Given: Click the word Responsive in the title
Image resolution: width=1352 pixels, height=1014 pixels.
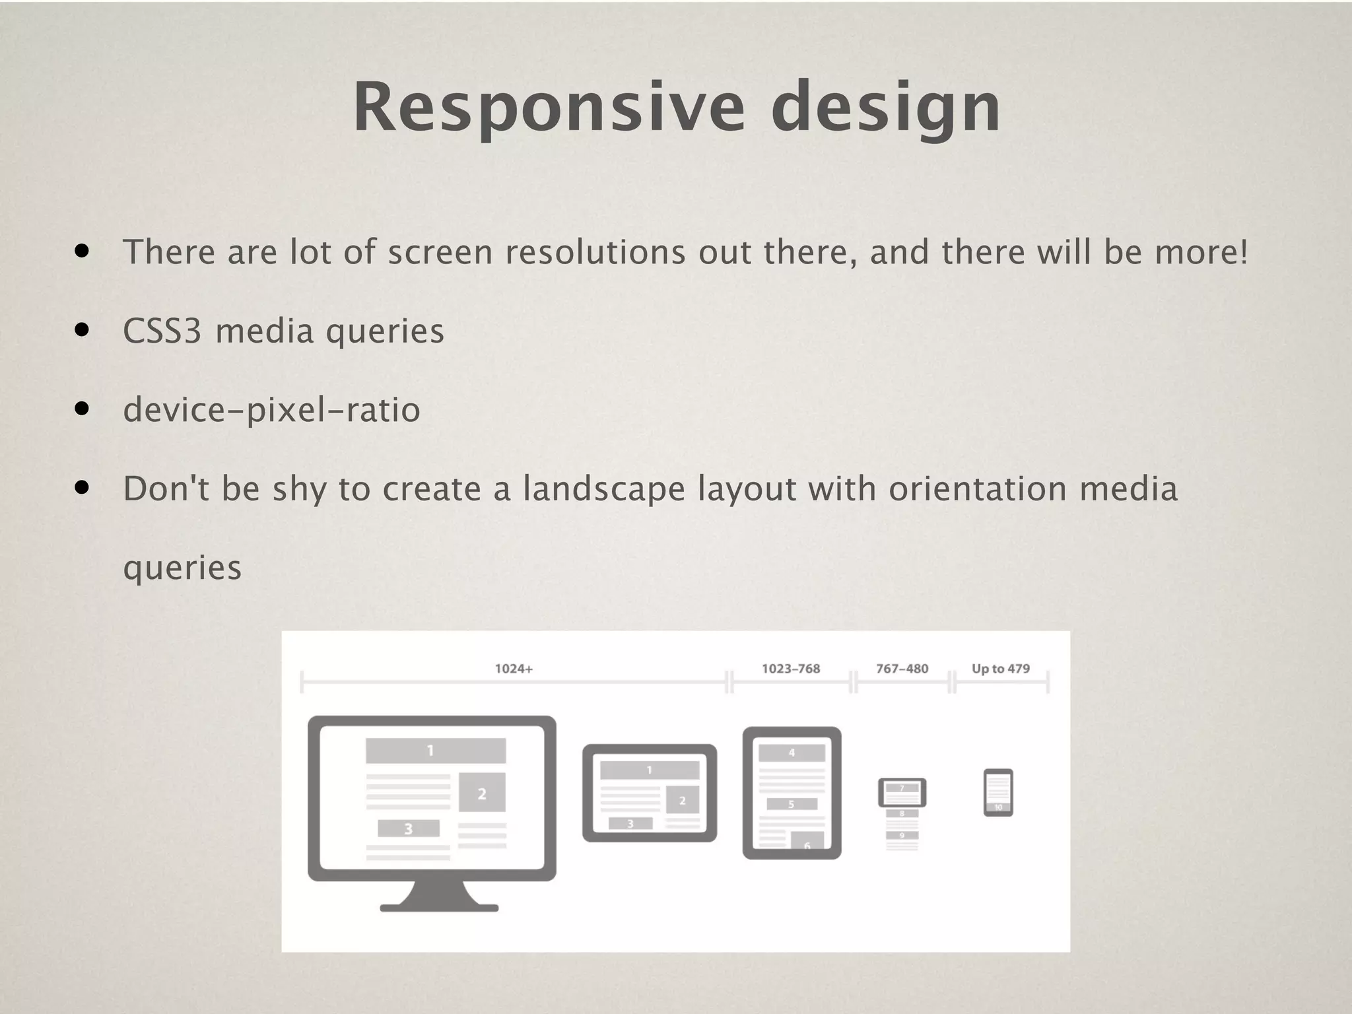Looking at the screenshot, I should [x=549, y=107].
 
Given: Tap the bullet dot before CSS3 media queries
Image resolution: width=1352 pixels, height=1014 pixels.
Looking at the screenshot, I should [x=82, y=330].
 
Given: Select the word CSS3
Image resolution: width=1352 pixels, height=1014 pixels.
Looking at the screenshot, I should [x=162, y=331].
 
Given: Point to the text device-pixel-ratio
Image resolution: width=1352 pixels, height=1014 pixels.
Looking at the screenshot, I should [x=271, y=410].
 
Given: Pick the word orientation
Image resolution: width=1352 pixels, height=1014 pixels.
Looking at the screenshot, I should [x=978, y=489].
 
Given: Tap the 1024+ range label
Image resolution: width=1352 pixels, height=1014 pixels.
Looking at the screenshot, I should [x=514, y=669].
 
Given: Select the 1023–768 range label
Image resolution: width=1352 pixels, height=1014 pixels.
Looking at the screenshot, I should [x=791, y=669].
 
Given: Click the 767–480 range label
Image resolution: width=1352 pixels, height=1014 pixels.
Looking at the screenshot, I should [x=902, y=669].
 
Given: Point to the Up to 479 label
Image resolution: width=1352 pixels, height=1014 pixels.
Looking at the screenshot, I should [x=1000, y=669].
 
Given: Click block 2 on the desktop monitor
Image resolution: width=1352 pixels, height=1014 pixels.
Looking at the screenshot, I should [x=482, y=793].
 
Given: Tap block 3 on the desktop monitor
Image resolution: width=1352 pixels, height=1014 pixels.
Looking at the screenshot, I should [x=408, y=828].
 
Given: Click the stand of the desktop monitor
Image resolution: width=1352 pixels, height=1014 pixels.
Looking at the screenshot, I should [x=439, y=898].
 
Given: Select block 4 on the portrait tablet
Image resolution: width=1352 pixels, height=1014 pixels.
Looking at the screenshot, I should [x=792, y=753].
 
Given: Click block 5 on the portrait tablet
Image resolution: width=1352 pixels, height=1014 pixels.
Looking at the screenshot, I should [x=792, y=804].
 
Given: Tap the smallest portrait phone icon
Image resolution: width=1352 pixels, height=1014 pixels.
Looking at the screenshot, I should [x=998, y=792].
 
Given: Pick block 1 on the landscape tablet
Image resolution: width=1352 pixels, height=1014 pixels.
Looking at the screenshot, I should [x=649, y=770].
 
